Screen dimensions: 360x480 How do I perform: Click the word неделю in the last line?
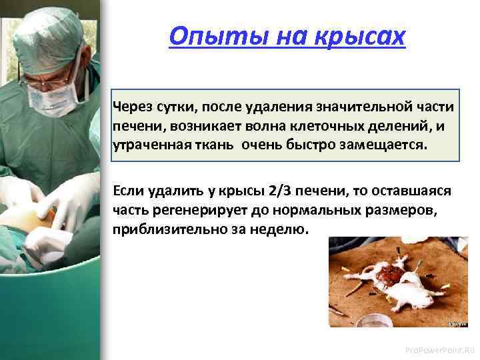285,229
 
